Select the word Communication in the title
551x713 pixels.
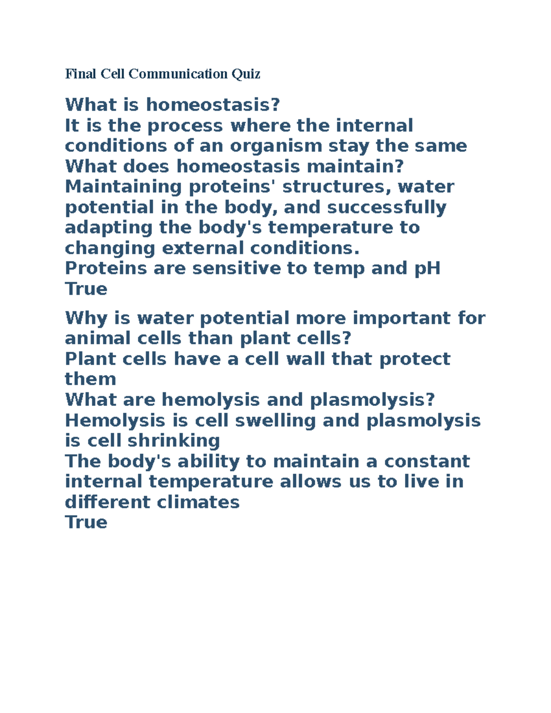[x=178, y=73]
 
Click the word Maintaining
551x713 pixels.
[x=124, y=187]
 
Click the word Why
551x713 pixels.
[x=84, y=318]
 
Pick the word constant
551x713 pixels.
[x=427, y=461]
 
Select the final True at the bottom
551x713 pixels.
[x=86, y=522]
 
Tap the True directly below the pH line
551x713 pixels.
[x=86, y=289]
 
